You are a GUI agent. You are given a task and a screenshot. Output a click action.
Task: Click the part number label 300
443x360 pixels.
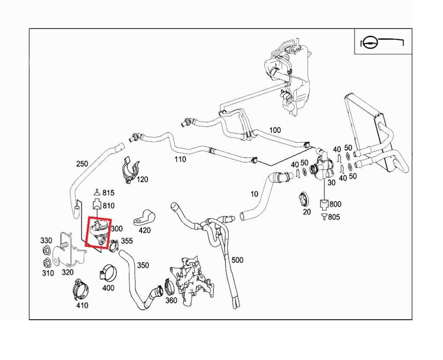click(117, 228)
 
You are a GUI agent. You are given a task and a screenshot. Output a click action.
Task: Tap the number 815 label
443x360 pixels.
click(109, 193)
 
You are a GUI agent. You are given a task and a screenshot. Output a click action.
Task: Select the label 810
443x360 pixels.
click(109, 206)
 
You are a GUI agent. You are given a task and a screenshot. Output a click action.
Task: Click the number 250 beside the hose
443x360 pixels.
click(82, 164)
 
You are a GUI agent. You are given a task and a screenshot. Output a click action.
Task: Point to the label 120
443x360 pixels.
click(142, 180)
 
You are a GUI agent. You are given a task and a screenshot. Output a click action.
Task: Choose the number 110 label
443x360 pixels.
click(180, 159)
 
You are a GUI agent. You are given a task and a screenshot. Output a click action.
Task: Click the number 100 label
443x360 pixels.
click(275, 130)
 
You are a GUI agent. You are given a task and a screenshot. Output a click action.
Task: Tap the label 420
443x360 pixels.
click(144, 231)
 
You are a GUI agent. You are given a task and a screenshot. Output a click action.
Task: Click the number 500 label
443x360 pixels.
click(237, 260)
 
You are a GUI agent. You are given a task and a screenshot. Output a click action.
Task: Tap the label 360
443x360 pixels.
click(171, 300)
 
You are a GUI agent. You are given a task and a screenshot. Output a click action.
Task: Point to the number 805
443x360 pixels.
click(334, 217)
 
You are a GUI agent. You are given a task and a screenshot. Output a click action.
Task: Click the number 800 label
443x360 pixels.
click(335, 204)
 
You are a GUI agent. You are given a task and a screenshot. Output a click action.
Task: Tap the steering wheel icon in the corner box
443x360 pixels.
click(368, 44)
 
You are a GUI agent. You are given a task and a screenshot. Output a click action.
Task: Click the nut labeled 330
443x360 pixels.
click(45, 251)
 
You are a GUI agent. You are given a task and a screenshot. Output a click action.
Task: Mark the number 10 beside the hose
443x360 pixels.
click(254, 194)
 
